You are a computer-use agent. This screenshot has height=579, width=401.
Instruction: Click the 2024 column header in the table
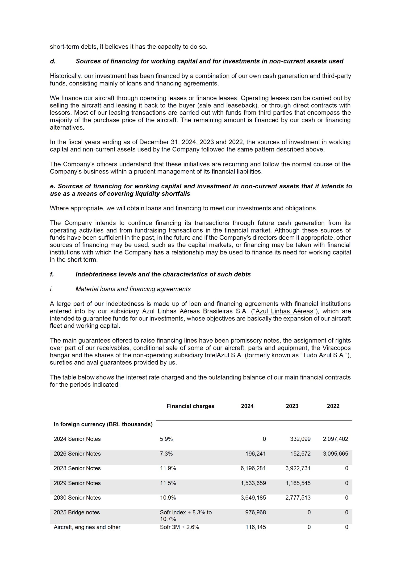click(x=247, y=406)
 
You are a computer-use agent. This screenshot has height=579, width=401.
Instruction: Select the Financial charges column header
click(x=190, y=406)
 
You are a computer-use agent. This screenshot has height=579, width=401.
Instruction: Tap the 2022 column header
click(x=333, y=406)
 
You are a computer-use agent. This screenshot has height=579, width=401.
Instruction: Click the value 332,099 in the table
click(x=300, y=439)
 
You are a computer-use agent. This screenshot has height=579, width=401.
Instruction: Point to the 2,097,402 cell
click(x=335, y=439)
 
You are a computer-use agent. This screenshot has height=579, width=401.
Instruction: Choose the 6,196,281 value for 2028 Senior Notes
click(x=253, y=468)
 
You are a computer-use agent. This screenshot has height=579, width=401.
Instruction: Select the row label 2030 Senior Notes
click(x=77, y=498)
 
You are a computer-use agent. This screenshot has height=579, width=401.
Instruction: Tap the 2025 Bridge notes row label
click(x=77, y=512)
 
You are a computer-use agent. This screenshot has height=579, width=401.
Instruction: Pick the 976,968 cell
click(x=255, y=512)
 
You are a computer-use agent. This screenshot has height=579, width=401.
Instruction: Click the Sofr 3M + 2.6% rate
click(x=180, y=527)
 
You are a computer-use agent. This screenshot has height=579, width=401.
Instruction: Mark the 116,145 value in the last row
click(x=255, y=527)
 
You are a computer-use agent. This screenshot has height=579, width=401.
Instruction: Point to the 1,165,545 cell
click(x=298, y=483)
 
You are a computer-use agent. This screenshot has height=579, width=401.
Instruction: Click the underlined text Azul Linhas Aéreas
click(x=284, y=311)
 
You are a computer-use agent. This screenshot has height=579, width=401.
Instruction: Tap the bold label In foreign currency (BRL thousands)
click(x=103, y=424)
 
